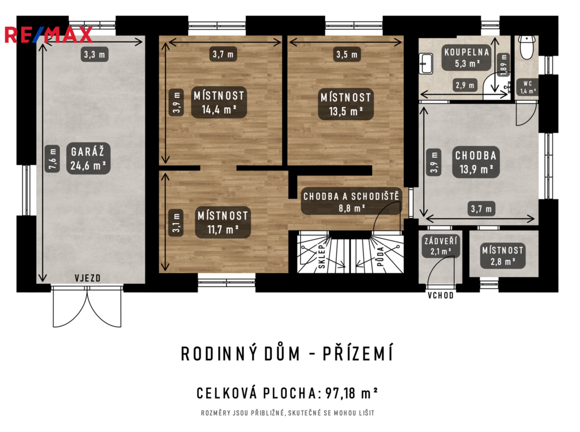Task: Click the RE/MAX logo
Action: [x=49, y=35]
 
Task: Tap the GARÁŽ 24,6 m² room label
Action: [x=88, y=158]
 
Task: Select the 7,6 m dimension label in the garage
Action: [x=53, y=159]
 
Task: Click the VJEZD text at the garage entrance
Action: [x=88, y=278]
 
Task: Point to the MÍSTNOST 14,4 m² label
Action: [x=219, y=103]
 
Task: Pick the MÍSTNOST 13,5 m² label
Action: [x=346, y=104]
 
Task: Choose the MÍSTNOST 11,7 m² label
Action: [x=223, y=222]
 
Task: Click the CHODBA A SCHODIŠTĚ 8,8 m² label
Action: [x=351, y=201]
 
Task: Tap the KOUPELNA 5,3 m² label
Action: [x=467, y=58]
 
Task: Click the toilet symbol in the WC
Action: [x=526, y=46]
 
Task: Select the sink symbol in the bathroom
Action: [x=426, y=63]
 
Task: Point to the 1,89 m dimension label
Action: [x=504, y=65]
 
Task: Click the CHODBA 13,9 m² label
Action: [x=476, y=162]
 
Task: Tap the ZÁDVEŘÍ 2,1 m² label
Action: [x=441, y=246]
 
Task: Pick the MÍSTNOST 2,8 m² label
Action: [x=502, y=256]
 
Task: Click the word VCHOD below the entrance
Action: [x=441, y=295]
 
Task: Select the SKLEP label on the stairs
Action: [x=322, y=256]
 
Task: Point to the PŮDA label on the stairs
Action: [x=380, y=256]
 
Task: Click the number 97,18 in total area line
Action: [x=340, y=393]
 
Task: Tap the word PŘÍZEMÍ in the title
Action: [x=358, y=354]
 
